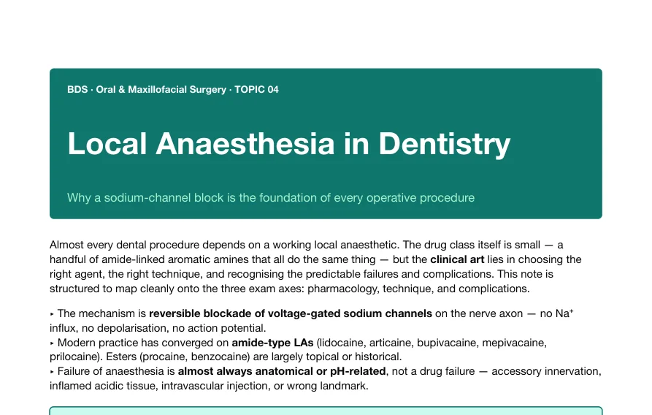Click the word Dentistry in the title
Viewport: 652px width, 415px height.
444,144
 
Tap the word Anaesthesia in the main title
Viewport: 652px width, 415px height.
245,144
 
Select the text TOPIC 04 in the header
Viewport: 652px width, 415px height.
256,89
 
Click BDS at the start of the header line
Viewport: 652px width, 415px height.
77,89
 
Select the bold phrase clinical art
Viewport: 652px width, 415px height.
457,259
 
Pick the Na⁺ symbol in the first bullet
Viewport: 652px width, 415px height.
564,313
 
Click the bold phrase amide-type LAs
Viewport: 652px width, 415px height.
272,343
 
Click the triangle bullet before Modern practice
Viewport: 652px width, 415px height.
52,343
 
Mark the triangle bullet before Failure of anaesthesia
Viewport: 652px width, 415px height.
52,372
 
